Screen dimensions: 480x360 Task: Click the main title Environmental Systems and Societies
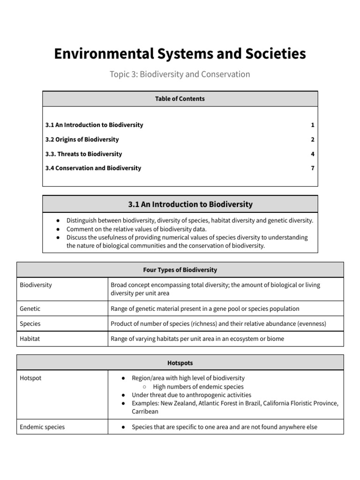click(180, 54)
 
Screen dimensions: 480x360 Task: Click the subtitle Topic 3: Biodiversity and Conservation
click(180, 74)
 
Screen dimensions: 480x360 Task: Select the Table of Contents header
click(180, 99)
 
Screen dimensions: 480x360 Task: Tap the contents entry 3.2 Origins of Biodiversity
click(82, 140)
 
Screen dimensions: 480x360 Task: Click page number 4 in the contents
click(312, 154)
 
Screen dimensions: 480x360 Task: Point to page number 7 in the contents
click(312, 168)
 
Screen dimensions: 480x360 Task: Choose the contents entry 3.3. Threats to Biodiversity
click(83, 154)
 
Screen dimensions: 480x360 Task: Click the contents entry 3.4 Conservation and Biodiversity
click(93, 168)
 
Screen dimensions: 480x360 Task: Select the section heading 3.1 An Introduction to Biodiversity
click(190, 204)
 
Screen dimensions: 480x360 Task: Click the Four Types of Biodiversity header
click(180, 270)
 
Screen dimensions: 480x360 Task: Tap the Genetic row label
click(30, 308)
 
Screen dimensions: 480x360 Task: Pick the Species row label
click(30, 323)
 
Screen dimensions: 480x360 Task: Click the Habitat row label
click(30, 338)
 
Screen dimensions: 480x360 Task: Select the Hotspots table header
click(180, 363)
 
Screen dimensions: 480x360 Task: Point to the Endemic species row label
click(42, 427)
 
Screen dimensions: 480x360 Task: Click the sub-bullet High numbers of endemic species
click(198, 387)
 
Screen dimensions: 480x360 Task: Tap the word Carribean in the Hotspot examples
click(145, 412)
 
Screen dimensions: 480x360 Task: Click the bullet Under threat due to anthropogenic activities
click(191, 395)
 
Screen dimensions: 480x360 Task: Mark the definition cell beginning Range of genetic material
click(205, 308)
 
